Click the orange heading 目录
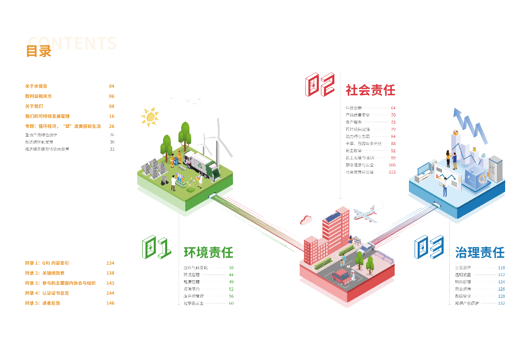click(39, 51)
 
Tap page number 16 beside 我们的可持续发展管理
click(112, 117)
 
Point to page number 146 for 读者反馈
click(110, 303)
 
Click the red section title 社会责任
click(370, 90)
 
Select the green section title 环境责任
click(209, 253)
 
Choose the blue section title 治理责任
click(479, 253)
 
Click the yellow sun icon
click(150, 117)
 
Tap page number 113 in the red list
click(392, 172)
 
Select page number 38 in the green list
click(231, 268)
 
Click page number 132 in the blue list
click(501, 303)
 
